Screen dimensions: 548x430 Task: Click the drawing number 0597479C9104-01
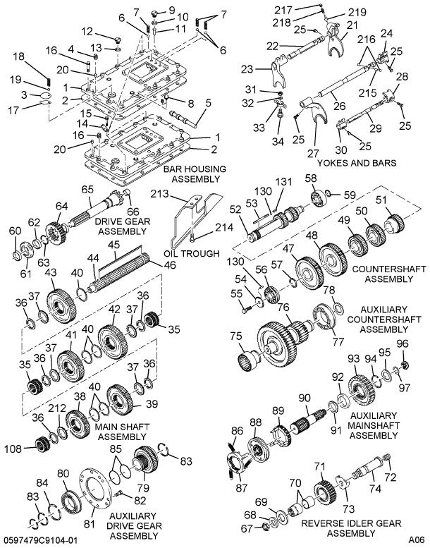(x=40, y=540)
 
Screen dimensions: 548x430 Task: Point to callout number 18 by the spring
(x=18, y=56)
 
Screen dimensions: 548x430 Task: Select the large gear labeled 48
(x=328, y=260)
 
